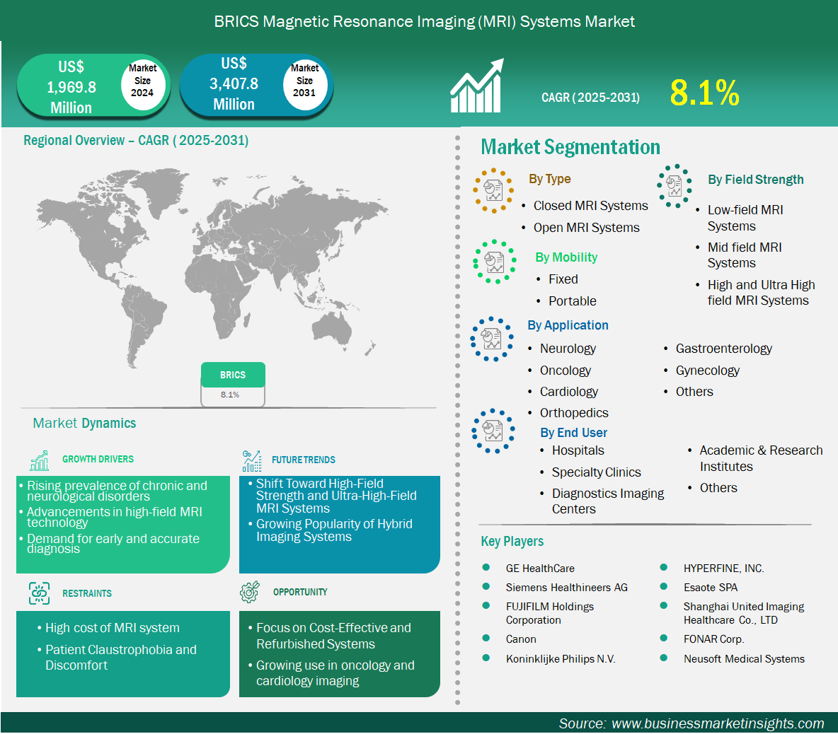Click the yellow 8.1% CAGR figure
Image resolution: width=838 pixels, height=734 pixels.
[704, 93]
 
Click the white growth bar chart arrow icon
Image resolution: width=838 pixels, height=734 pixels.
[477, 86]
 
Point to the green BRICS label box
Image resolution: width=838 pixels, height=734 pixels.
[233, 375]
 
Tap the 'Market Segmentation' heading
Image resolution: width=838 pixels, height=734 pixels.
[570, 147]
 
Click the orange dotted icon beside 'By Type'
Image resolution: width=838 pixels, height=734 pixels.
[493, 191]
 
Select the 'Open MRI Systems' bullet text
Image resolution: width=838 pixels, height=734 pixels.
[586, 228]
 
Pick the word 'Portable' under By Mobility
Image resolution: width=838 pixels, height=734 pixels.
[573, 301]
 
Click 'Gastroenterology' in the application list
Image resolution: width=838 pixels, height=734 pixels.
[723, 349]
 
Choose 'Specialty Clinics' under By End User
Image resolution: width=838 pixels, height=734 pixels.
[597, 472]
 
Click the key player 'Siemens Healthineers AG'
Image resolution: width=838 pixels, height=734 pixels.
[566, 588]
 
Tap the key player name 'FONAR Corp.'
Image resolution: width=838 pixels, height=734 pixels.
[713, 639]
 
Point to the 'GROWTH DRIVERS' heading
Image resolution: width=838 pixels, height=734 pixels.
[98, 459]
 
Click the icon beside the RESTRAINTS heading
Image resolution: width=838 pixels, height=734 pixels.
[39, 593]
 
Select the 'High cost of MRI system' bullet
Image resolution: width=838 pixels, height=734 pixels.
[113, 628]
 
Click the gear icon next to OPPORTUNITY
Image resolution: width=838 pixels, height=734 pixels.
[250, 592]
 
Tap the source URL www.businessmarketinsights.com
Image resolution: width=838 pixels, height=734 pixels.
[718, 723]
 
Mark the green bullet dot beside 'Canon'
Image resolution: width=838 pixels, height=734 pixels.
[486, 639]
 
